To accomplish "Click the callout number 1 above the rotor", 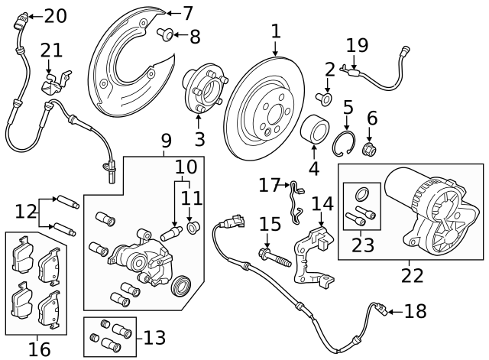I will click(x=275, y=31).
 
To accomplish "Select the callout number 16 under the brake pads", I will click(x=39, y=349).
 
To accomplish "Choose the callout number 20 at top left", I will click(x=55, y=15).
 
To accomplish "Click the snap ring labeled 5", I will click(x=348, y=144).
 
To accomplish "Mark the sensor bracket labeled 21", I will click(x=56, y=83).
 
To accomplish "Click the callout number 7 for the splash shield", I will click(x=187, y=12).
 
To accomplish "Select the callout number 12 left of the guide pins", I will click(x=24, y=209).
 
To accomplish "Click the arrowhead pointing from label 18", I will click(x=388, y=310).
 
